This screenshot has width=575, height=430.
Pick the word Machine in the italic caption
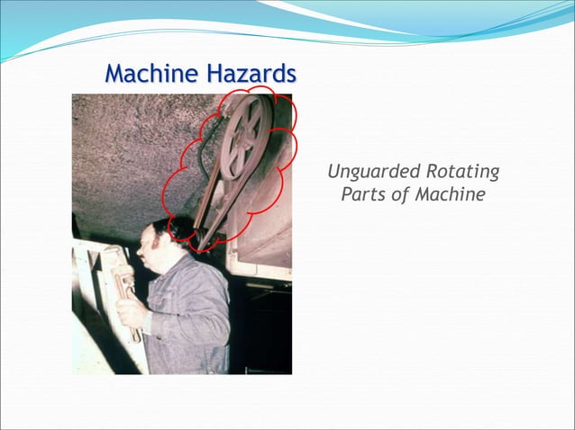[450, 194]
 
